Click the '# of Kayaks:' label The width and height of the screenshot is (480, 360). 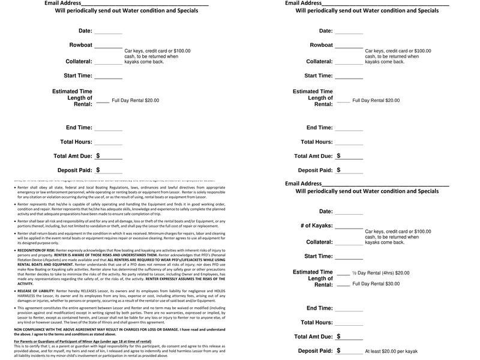click(x=317, y=226)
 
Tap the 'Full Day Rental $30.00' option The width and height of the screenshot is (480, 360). click(x=376, y=284)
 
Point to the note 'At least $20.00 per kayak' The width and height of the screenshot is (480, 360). click(x=391, y=351)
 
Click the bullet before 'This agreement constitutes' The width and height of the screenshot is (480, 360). click(x=15, y=307)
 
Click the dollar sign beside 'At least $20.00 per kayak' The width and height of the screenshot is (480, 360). click(x=338, y=350)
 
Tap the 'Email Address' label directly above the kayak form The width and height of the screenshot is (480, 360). click(x=304, y=184)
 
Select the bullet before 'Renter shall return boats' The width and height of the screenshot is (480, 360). click(x=15, y=233)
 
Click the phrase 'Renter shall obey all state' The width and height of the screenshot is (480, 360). click(x=42, y=187)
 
